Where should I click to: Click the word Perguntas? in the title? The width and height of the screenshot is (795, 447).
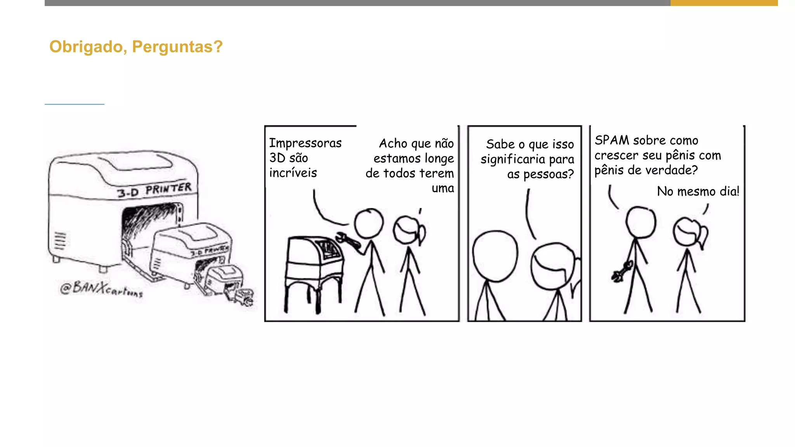[177, 47]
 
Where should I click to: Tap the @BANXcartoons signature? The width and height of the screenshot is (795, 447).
[101, 289]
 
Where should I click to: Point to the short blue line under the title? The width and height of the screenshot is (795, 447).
[75, 104]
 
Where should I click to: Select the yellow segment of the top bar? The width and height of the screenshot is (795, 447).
[724, 3]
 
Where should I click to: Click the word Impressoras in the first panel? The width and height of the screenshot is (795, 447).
[306, 143]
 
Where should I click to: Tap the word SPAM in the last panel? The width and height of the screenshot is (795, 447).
[612, 140]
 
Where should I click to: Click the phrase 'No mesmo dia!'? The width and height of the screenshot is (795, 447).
[698, 191]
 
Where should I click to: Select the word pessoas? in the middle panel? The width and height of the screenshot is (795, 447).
[549, 174]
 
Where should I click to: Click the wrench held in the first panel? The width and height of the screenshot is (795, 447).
[348, 240]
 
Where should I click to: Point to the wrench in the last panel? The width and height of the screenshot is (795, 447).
[622, 272]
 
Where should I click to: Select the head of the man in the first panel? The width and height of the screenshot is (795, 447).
[369, 223]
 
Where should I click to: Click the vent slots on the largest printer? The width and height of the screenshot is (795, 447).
[60, 241]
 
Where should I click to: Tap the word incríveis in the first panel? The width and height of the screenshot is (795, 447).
[293, 173]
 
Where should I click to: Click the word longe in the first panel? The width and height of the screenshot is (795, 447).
[439, 158]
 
